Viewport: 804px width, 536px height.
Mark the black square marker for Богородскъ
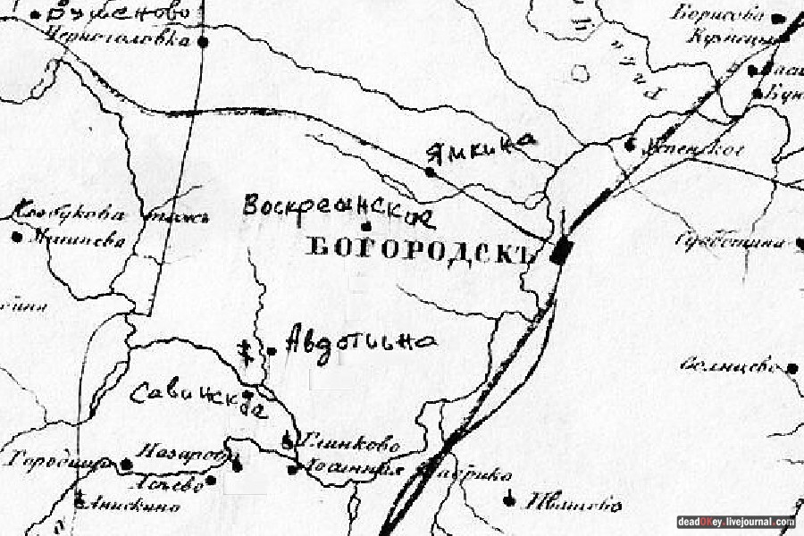[x=561, y=253]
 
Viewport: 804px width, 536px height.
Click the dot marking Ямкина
[x=430, y=172]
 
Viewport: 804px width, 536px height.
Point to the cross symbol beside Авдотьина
[x=244, y=350]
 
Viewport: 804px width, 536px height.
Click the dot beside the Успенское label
[x=632, y=144]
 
